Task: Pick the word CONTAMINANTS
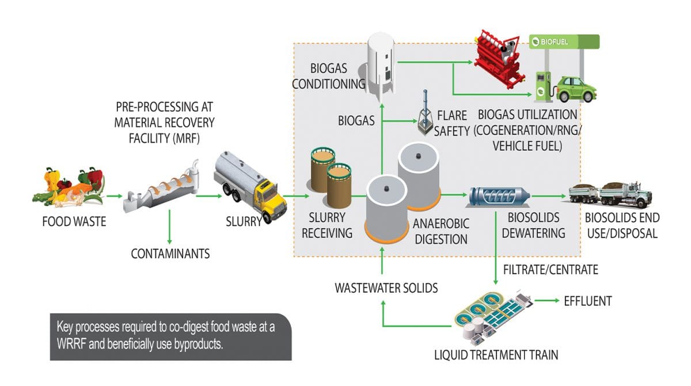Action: click(170, 253)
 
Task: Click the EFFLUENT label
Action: click(587, 301)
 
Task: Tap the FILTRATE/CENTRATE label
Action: click(550, 269)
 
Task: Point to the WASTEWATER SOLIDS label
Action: click(386, 288)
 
